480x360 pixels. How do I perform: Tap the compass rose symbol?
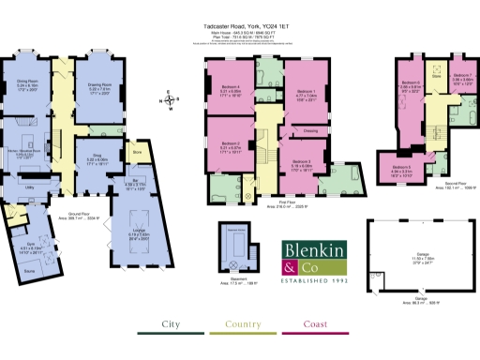(x=170, y=98)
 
